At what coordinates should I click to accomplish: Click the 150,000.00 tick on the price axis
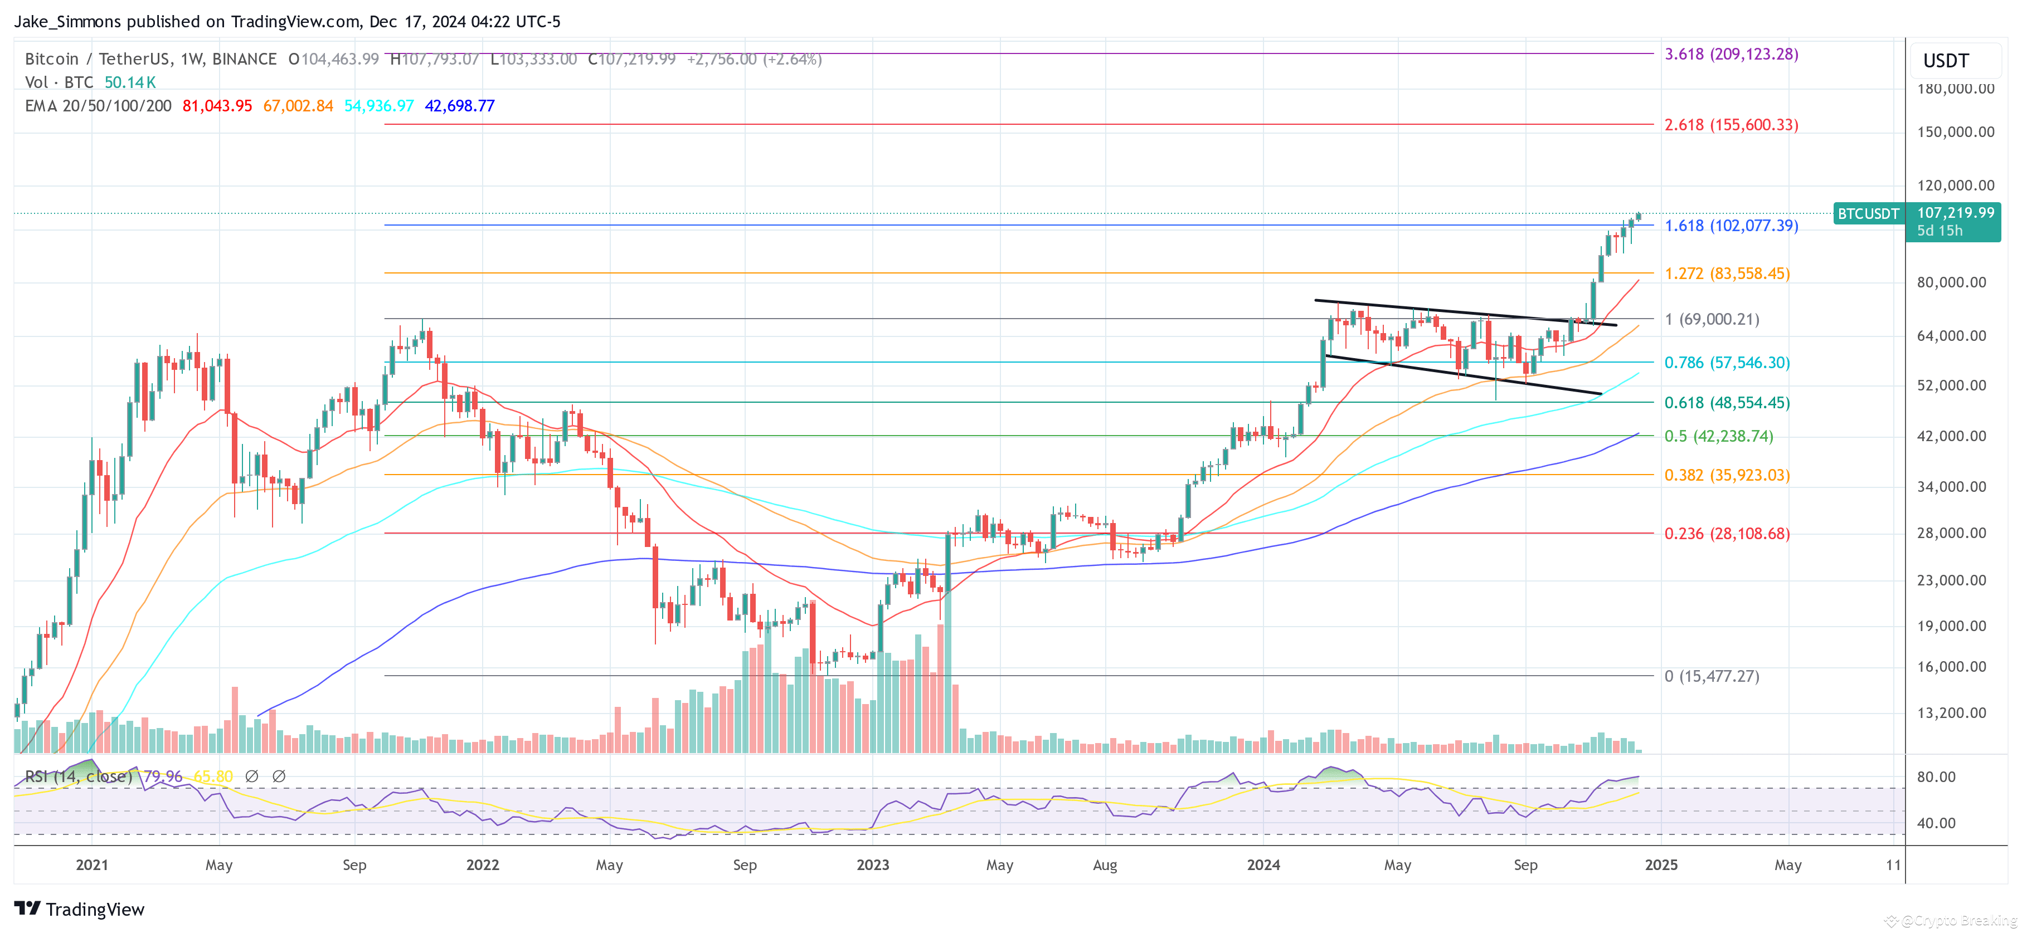[x=1955, y=132]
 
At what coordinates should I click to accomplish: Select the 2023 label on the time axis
[x=872, y=864]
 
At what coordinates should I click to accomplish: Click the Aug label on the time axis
[x=1105, y=864]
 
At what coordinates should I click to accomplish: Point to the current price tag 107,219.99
[x=1955, y=213]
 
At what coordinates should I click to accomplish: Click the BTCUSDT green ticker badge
[x=1868, y=213]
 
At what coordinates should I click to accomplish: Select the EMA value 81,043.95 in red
[x=217, y=106]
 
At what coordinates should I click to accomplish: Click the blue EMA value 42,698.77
[x=459, y=106]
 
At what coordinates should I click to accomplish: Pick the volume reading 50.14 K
[x=130, y=82]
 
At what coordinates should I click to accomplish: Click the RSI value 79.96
[x=163, y=776]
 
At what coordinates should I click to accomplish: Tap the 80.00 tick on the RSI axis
[x=1936, y=777]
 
